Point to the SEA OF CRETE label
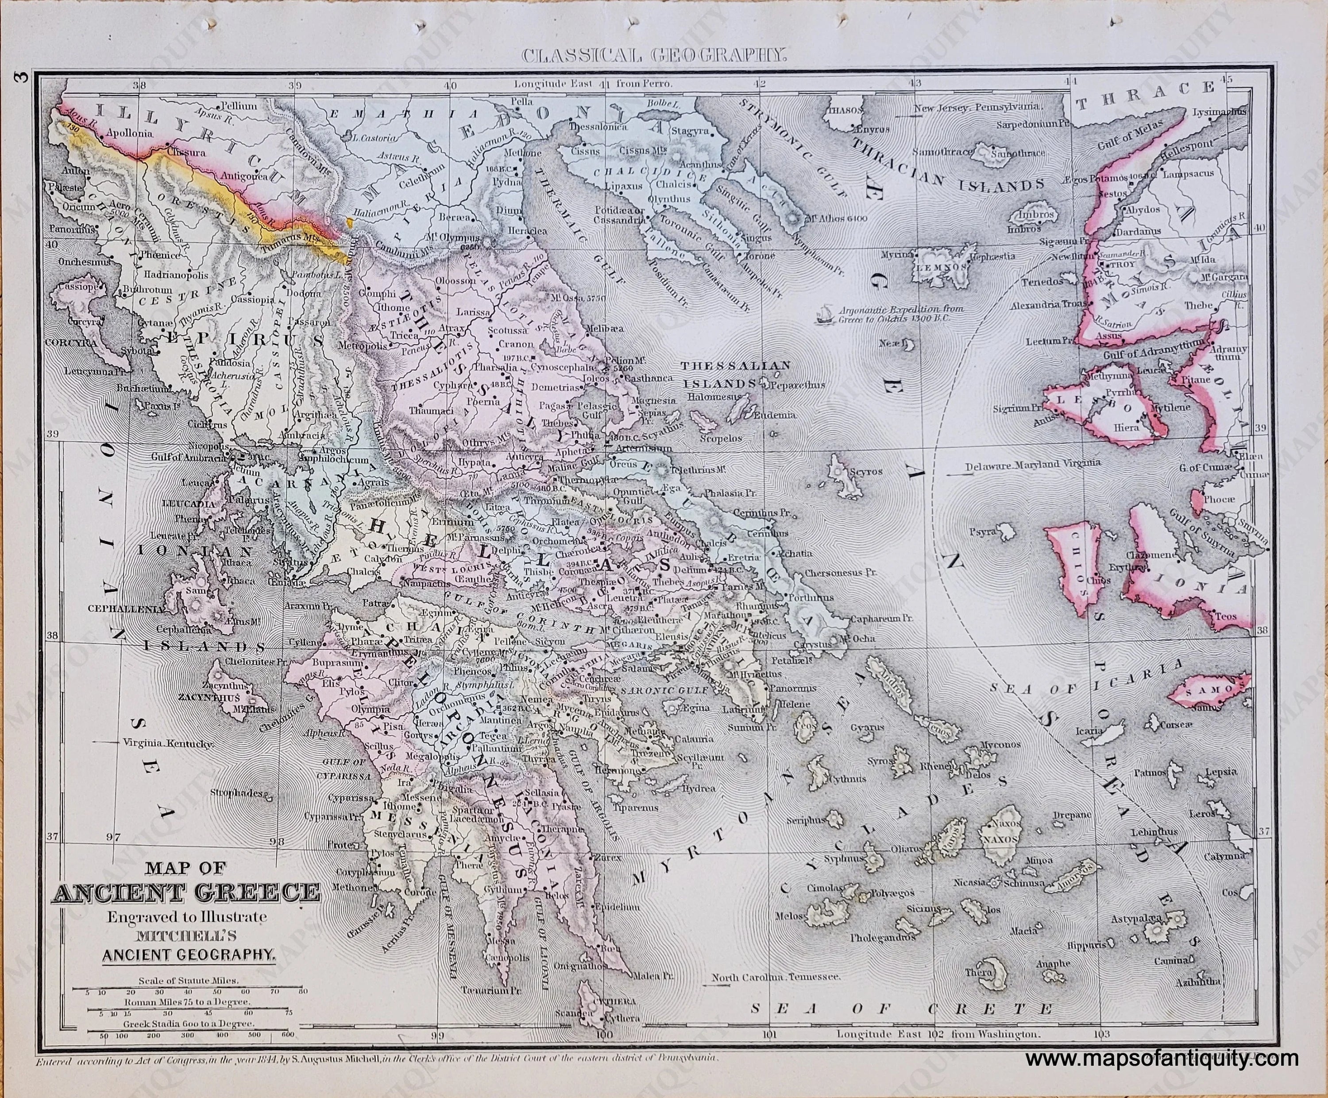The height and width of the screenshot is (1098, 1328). tap(901, 1027)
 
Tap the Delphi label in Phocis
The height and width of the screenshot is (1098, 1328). tap(510, 550)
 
